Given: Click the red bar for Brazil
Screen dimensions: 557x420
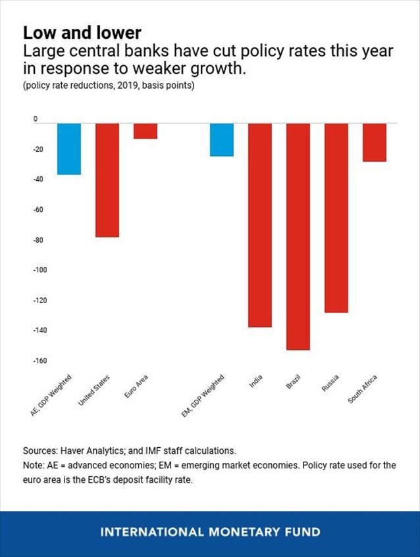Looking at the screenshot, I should (x=298, y=236).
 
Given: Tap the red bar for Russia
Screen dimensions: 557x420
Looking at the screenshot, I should (x=336, y=218).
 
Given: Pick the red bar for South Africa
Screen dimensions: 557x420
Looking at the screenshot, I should (x=374, y=142).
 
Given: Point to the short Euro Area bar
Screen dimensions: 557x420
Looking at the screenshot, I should (x=145, y=131).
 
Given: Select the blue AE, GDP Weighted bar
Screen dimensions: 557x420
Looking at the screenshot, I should (x=68, y=149).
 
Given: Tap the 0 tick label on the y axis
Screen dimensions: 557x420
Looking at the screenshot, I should (x=37, y=120).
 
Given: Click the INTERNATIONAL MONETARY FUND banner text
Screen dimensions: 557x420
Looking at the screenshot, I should (x=210, y=532).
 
